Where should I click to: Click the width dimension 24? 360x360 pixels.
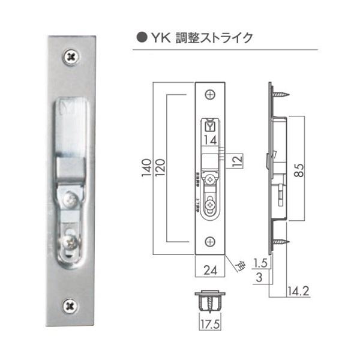tap(210, 271)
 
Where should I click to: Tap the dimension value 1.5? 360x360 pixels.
tap(259, 262)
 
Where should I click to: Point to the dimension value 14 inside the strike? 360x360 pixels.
tap(209, 139)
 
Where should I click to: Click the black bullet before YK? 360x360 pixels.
tap(142, 37)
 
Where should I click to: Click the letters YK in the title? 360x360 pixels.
tap(159, 37)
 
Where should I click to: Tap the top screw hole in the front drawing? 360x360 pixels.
tap(210, 94)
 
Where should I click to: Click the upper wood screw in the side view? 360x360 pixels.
tap(280, 94)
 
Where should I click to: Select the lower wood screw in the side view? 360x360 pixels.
tap(280, 241)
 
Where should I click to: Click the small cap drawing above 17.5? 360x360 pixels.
tap(210, 302)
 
